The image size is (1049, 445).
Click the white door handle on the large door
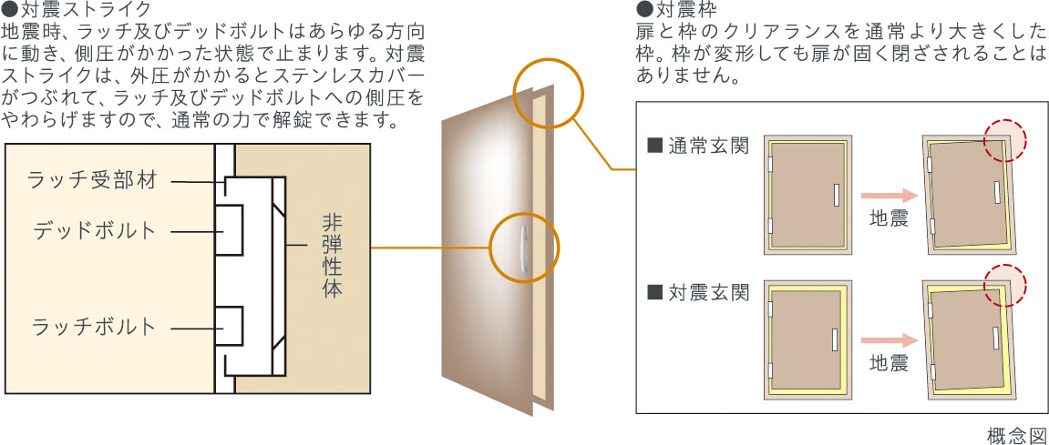coord(523,248)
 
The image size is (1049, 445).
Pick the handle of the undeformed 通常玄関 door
coord(836,194)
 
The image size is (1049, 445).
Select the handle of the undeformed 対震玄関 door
coord(835,339)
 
